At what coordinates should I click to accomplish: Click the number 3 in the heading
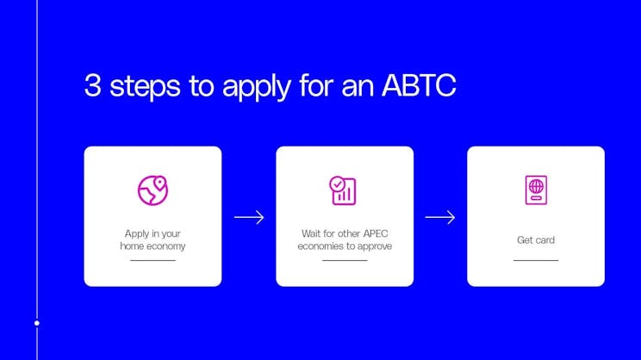(91, 86)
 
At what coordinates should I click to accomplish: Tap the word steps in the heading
(141, 87)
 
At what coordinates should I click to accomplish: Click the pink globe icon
(152, 190)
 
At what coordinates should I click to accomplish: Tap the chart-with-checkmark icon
(343, 190)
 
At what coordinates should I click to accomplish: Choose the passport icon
(536, 190)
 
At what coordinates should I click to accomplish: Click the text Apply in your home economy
(152, 239)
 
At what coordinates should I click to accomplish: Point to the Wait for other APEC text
(344, 233)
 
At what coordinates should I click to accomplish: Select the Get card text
(536, 240)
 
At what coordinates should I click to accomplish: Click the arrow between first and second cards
(249, 217)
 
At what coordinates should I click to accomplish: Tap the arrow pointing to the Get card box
(440, 217)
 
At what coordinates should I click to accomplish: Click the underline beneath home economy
(152, 260)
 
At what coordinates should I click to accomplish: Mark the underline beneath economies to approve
(345, 260)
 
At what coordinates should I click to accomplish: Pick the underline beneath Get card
(536, 260)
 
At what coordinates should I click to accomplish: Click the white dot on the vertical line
(36, 324)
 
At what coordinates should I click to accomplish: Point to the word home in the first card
(130, 246)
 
